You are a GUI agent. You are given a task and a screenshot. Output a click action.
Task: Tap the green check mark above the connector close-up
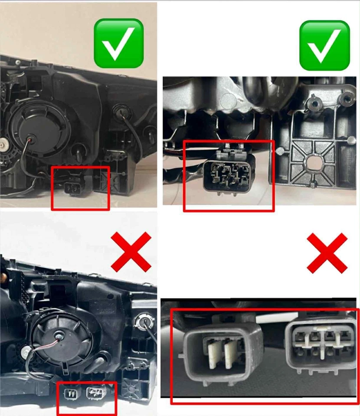pos(324,45)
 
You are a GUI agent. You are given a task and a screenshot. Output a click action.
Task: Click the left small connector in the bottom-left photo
pos(70,393)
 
